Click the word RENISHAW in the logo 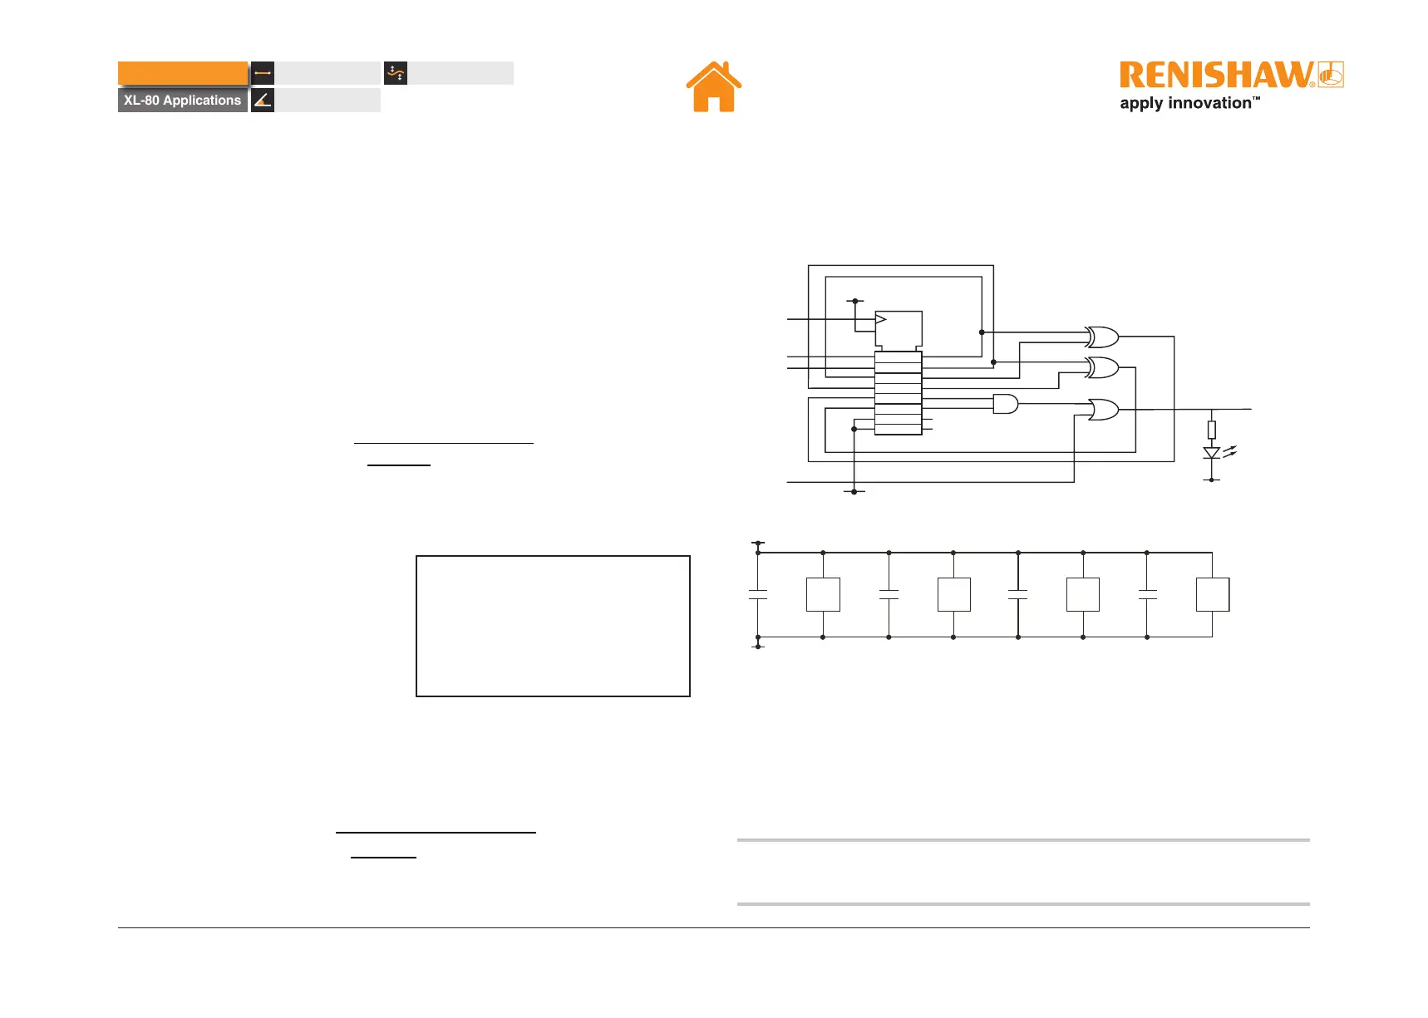[x=1215, y=76]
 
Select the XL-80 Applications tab [x=183, y=101]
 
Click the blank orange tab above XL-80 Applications [x=183, y=73]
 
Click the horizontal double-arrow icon [x=263, y=73]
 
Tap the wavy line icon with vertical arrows [x=396, y=73]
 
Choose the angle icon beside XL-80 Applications [x=263, y=101]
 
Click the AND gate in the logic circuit [x=1005, y=404]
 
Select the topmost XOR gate [x=1102, y=337]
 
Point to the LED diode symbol [x=1212, y=453]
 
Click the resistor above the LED [x=1212, y=430]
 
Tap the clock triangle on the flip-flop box [x=881, y=319]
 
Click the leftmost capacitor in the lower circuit [x=758, y=595]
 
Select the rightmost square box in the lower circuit [x=1213, y=595]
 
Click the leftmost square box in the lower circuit [x=823, y=595]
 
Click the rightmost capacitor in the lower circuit [x=1147, y=595]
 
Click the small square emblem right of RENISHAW [x=1331, y=75]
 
